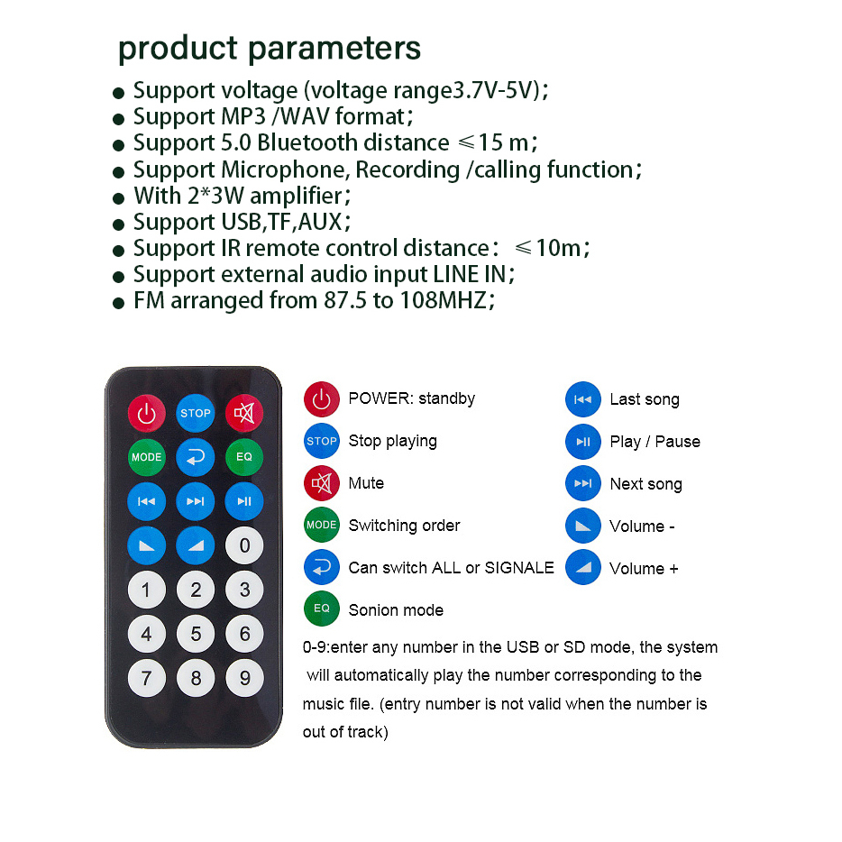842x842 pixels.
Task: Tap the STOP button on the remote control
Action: click(x=196, y=413)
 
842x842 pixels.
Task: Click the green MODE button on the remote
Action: click(x=147, y=457)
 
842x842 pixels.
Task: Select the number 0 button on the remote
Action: click(x=244, y=545)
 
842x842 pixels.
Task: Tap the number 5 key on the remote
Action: click(x=196, y=634)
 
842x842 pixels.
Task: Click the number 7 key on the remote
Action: click(x=147, y=678)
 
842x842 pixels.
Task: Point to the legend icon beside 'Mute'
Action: click(x=322, y=483)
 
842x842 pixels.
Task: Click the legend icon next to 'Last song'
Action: click(x=583, y=399)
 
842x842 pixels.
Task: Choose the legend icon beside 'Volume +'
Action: click(x=583, y=568)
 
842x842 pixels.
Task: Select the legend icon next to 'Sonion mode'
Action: click(x=322, y=609)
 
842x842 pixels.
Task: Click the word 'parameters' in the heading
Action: click(x=334, y=49)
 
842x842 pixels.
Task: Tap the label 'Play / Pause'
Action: click(x=655, y=442)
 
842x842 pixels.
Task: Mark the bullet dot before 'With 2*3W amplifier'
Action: click(x=119, y=198)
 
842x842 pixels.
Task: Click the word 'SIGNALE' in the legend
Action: click(x=519, y=568)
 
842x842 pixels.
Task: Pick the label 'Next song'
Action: click(x=646, y=484)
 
